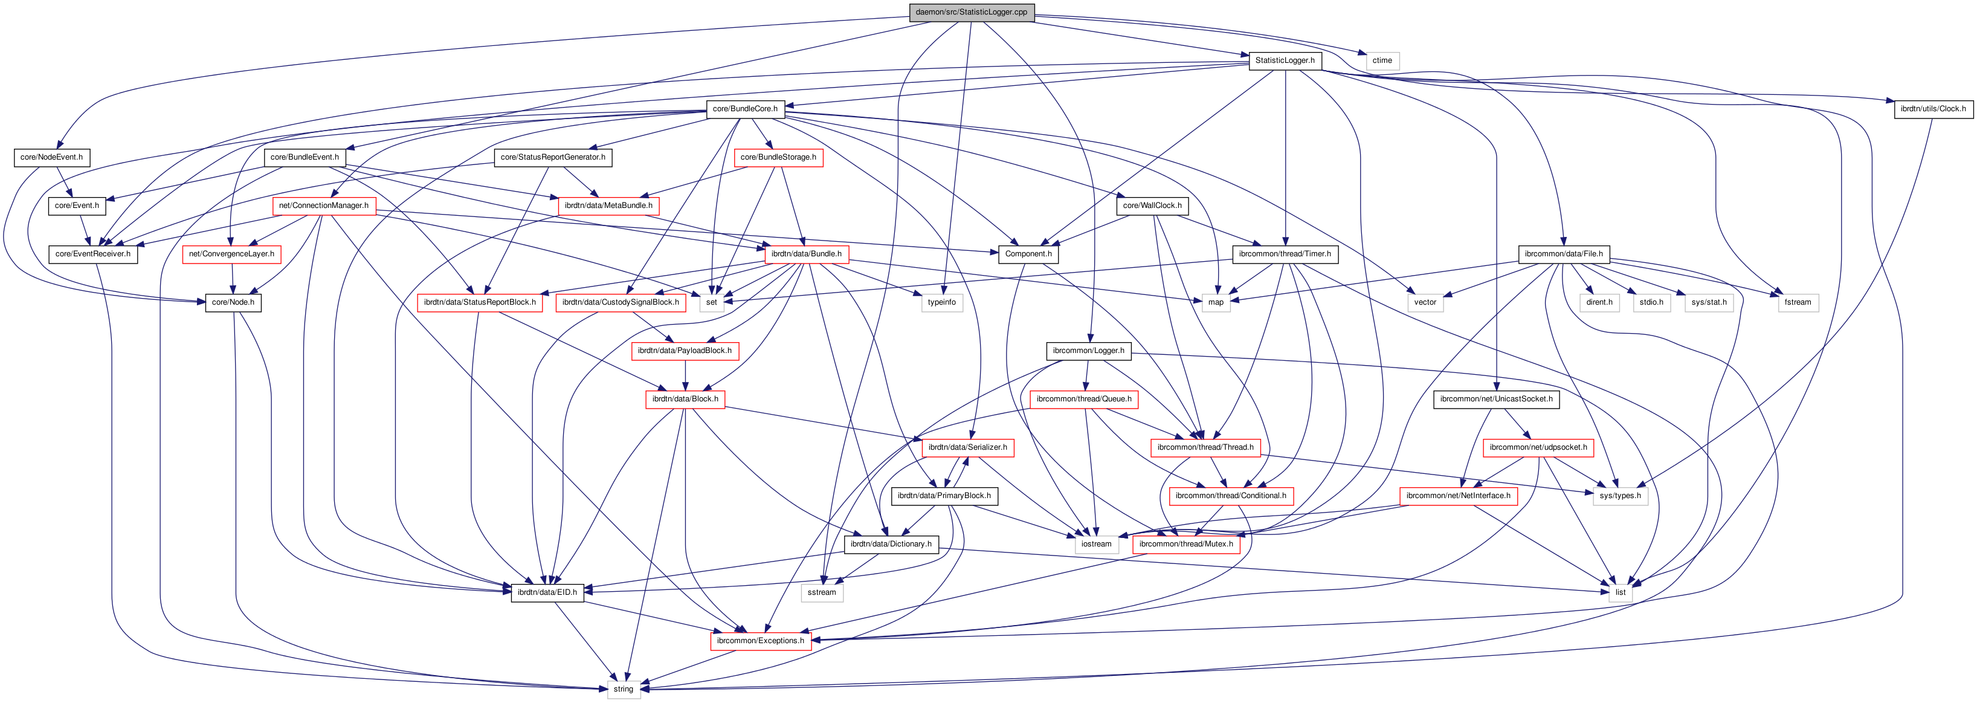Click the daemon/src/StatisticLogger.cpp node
(x=971, y=12)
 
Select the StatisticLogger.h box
(x=1285, y=60)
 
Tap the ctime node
(x=1382, y=60)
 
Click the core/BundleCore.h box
(x=744, y=109)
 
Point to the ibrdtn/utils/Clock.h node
(x=1932, y=109)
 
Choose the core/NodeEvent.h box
(x=51, y=157)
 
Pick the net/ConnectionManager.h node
(x=323, y=206)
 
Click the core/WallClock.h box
(x=1152, y=206)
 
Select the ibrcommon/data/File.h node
(x=1563, y=254)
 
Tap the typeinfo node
(x=942, y=302)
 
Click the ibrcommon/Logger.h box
(x=1088, y=351)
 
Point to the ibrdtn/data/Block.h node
(x=685, y=399)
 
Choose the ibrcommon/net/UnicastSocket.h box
(x=1496, y=399)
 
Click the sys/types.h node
(x=1620, y=496)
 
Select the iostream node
(x=1096, y=544)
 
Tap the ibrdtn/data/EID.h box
(x=546, y=592)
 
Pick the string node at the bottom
(x=623, y=689)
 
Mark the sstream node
(x=821, y=592)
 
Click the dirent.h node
(x=1599, y=302)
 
